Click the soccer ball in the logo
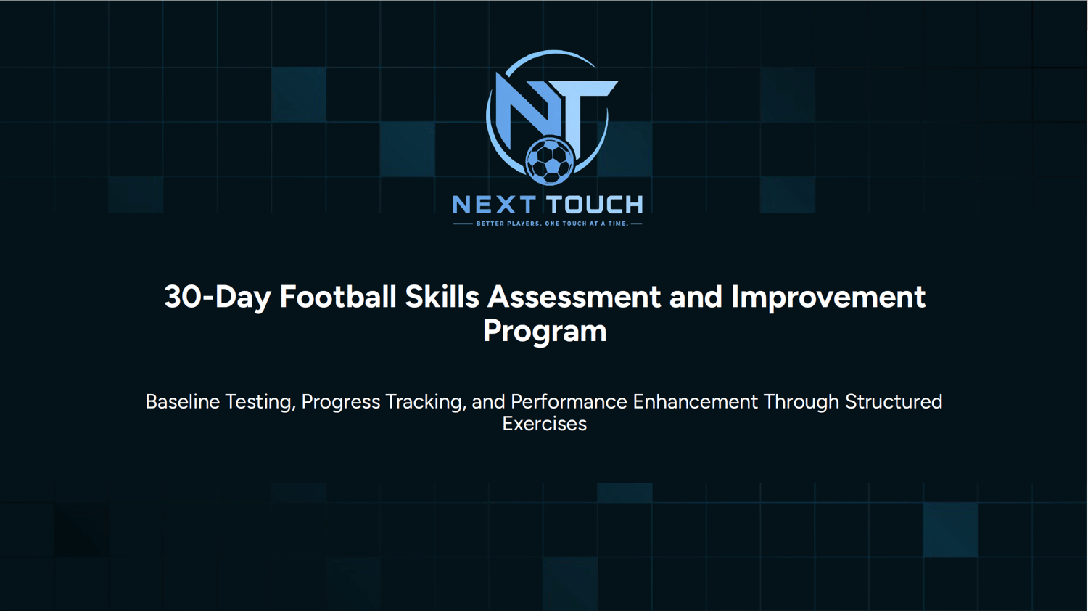coord(550,161)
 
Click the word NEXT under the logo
coord(494,205)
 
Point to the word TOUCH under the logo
coord(595,205)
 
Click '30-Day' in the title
coord(218,297)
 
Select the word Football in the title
coord(338,297)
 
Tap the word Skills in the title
coord(442,297)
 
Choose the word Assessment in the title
coord(574,297)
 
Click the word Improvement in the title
coord(828,298)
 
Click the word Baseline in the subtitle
coord(183,402)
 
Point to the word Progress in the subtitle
coord(340,403)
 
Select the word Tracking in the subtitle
coord(426,403)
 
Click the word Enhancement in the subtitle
coord(695,402)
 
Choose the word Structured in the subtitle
coord(894,402)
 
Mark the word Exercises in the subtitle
coord(545,424)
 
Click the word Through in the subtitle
coord(801,403)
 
